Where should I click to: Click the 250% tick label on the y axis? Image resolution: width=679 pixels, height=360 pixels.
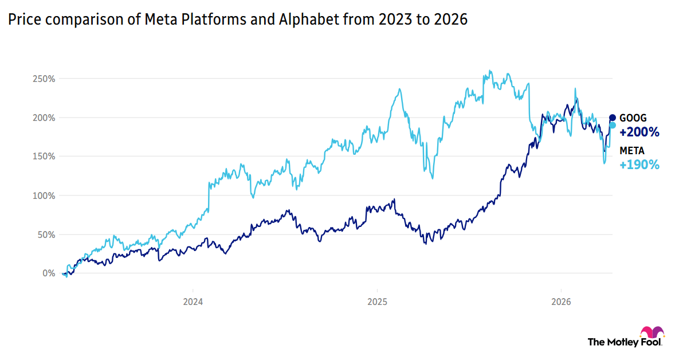(x=44, y=79)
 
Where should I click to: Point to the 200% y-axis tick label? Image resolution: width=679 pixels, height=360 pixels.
(x=44, y=118)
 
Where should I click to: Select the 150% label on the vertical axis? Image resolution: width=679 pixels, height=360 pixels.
(x=44, y=156)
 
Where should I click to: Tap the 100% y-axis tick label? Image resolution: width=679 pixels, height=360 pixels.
(x=44, y=195)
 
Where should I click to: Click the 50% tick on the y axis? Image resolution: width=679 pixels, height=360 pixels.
(x=46, y=234)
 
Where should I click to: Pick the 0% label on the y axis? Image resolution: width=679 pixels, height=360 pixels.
(x=48, y=273)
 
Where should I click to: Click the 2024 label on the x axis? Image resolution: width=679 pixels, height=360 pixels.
(x=193, y=302)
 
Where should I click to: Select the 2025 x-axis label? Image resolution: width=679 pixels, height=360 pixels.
(x=376, y=302)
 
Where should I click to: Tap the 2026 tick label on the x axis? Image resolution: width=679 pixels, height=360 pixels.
(x=560, y=302)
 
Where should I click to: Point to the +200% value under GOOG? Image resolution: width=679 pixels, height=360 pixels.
(x=639, y=132)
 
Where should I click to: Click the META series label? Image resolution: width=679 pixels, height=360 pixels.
(x=632, y=151)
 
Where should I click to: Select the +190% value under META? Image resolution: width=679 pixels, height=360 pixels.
(x=639, y=165)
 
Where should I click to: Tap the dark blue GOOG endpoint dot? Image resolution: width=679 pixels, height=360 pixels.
(x=612, y=118)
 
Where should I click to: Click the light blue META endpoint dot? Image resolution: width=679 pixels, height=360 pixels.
(x=612, y=125)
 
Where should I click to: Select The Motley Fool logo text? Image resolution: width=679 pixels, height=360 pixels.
(x=625, y=342)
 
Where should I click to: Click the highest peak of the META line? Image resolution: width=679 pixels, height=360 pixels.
(x=490, y=71)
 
